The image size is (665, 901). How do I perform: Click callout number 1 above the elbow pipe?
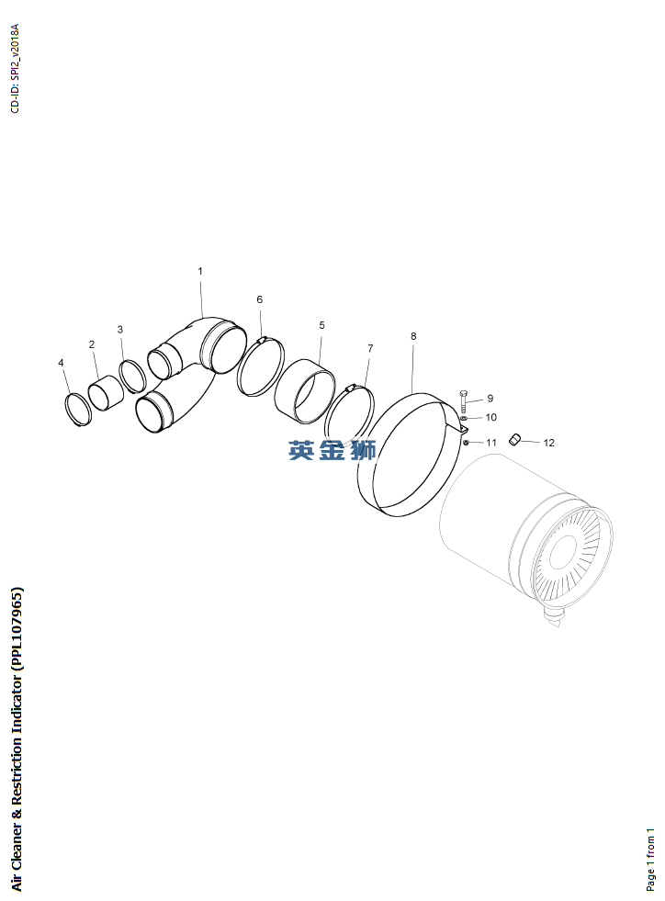(x=200, y=271)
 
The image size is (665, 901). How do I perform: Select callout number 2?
(x=92, y=344)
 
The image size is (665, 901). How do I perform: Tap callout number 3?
(x=120, y=329)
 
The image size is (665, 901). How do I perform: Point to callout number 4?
(x=61, y=363)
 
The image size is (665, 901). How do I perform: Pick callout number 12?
(x=549, y=443)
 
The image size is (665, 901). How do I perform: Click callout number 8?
(x=414, y=336)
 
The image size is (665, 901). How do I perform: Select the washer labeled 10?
(x=464, y=418)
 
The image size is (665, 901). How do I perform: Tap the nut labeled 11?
(x=466, y=442)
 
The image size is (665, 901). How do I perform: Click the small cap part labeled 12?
(x=515, y=440)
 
